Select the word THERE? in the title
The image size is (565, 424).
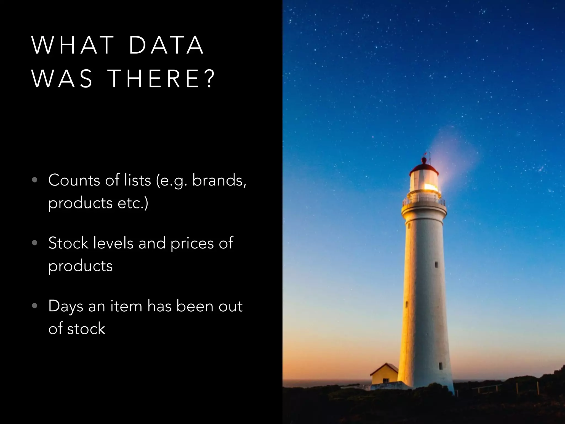162,79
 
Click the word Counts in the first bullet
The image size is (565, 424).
74,181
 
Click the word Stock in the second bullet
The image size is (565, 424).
68,243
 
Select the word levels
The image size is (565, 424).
113,243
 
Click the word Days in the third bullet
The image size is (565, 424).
66,307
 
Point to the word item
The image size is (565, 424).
126,306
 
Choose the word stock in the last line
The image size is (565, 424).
86,329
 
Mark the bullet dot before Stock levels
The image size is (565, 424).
34,243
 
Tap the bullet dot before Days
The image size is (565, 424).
34,306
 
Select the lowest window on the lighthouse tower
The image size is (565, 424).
441,366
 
